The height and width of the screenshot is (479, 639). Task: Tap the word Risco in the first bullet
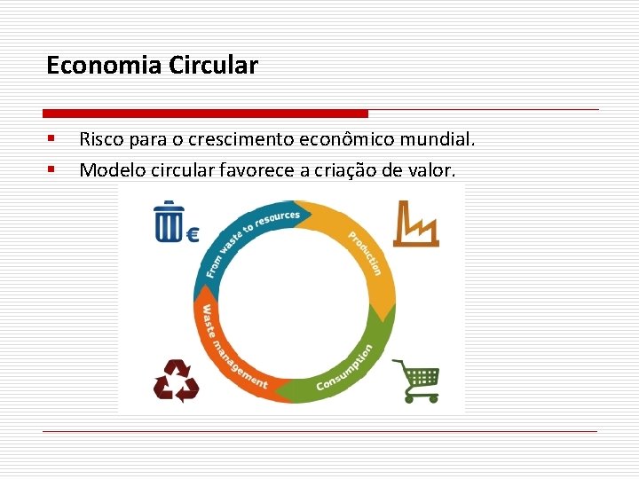click(99, 139)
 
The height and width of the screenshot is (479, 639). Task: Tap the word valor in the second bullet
click(434, 169)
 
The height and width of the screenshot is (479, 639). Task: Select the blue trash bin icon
click(169, 221)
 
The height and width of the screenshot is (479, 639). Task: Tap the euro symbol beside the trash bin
click(192, 234)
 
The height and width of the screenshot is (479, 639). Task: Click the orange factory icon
click(415, 224)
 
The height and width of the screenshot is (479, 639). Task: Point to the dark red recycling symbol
click(176, 381)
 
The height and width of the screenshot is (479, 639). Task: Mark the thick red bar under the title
click(205, 114)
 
